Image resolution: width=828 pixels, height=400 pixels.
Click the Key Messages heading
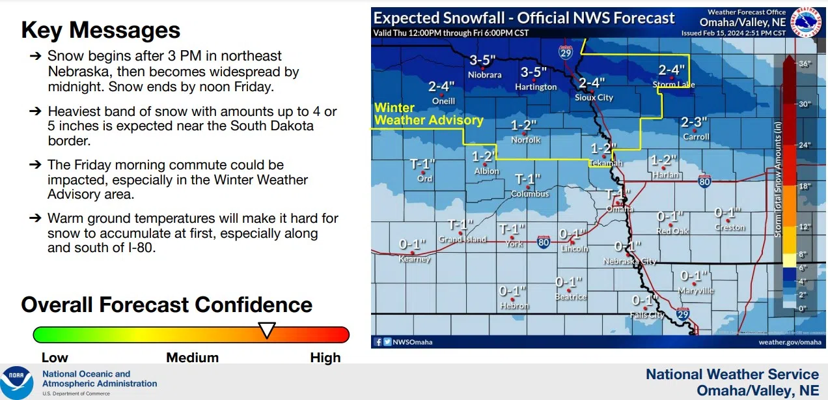click(x=101, y=30)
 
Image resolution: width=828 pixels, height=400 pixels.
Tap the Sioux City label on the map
click(x=594, y=97)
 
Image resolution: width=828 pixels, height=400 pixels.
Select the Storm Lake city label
click(x=674, y=85)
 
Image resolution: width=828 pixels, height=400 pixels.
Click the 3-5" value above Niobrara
click(x=483, y=60)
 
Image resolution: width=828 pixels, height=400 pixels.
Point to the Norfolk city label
click(x=525, y=139)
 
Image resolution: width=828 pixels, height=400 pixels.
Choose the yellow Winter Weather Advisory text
click(x=428, y=114)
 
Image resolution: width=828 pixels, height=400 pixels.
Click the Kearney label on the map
click(x=415, y=259)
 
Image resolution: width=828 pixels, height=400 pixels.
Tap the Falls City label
click(x=647, y=315)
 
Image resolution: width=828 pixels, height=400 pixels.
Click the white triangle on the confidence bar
click(x=267, y=330)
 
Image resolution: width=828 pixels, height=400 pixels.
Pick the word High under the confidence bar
click(x=325, y=358)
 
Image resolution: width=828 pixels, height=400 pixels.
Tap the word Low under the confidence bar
click(x=55, y=358)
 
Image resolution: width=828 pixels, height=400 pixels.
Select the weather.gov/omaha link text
click(x=790, y=341)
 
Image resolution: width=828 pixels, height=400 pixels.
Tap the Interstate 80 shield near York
click(x=544, y=242)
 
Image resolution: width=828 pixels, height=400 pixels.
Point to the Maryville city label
click(x=696, y=291)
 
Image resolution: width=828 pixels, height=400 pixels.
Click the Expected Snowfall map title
click(x=524, y=18)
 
